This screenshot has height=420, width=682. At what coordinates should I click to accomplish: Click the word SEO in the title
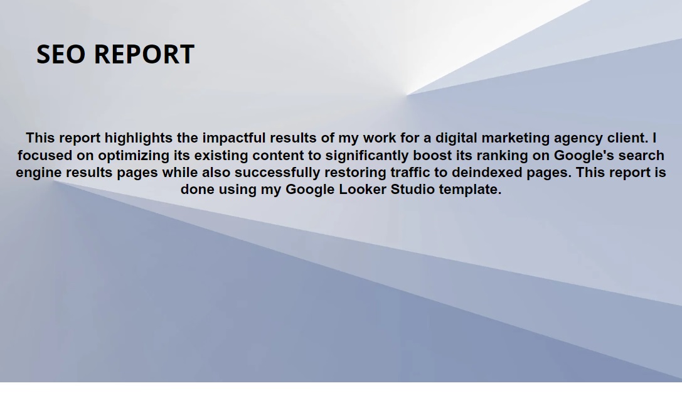[x=61, y=55]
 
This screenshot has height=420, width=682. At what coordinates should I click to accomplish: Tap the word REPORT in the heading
[x=144, y=55]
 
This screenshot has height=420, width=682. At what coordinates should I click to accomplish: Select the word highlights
[x=138, y=138]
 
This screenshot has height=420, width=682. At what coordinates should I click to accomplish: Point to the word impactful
[x=233, y=138]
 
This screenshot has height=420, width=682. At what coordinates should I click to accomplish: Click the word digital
[x=456, y=138]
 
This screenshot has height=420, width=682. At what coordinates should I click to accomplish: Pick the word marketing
[x=515, y=138]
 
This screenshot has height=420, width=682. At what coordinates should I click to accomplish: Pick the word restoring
[x=355, y=173]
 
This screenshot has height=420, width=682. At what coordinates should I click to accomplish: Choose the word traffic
[x=410, y=173]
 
